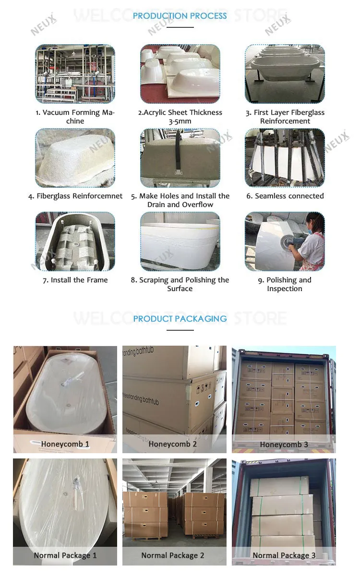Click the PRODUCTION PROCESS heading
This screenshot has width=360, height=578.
pyautogui.click(x=180, y=16)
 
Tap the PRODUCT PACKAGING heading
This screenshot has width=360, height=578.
pyautogui.click(x=180, y=319)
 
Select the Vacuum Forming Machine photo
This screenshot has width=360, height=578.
pyautogui.click(x=75, y=74)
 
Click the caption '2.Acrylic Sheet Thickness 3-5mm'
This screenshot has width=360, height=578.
pyautogui.click(x=180, y=117)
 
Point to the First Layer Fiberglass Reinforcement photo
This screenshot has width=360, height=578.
pyautogui.click(x=285, y=74)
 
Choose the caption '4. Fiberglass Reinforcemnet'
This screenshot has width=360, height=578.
pyautogui.click(x=75, y=196)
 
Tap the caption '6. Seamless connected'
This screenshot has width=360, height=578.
pyautogui.click(x=285, y=196)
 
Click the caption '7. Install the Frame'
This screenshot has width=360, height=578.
pyautogui.click(x=75, y=280)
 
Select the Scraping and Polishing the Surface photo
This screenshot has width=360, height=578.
pyautogui.click(x=180, y=241)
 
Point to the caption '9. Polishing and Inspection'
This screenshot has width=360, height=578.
pyautogui.click(x=285, y=284)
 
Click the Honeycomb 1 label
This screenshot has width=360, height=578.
pyautogui.click(x=65, y=444)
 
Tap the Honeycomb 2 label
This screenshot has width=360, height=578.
pyautogui.click(x=173, y=444)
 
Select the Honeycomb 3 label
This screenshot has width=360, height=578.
pyautogui.click(x=284, y=444)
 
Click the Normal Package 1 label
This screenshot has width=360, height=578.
pyautogui.click(x=65, y=555)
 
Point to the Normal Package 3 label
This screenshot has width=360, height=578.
pyautogui.click(x=284, y=555)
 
